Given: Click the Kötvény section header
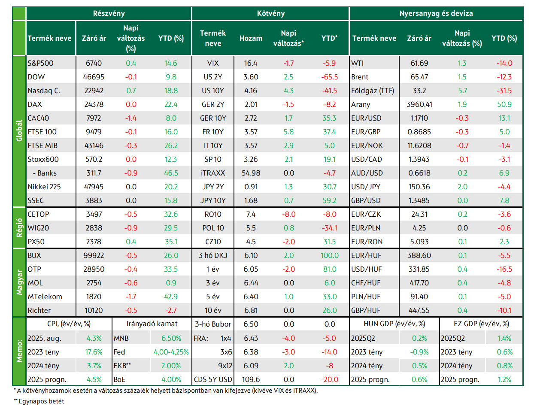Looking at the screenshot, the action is click(x=270, y=13).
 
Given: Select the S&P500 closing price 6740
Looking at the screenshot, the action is click(x=94, y=63).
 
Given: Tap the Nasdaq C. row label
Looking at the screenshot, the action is click(x=44, y=91).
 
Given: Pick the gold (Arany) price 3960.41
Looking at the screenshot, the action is click(x=419, y=104).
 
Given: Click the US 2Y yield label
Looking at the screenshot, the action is click(x=213, y=77).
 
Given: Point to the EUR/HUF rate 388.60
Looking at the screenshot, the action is click(x=419, y=255).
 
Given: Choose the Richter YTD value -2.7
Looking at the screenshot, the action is click(x=171, y=310).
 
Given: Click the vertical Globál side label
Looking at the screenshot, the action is click(x=19, y=131).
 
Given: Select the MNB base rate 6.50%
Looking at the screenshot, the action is click(x=171, y=338).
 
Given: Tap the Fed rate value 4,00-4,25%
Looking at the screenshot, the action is click(x=171, y=352).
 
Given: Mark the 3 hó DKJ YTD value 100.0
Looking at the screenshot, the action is click(x=330, y=255).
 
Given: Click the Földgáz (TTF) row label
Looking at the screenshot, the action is click(x=373, y=91).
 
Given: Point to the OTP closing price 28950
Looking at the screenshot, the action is click(x=94, y=269).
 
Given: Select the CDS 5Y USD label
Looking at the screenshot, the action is click(x=213, y=379).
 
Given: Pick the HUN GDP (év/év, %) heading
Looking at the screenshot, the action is click(x=394, y=324).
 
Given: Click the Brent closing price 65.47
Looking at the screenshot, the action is click(x=419, y=77).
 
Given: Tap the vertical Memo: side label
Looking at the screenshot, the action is click(x=19, y=351).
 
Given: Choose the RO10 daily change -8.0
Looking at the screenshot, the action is click(x=288, y=214).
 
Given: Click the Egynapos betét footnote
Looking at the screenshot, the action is click(x=39, y=401).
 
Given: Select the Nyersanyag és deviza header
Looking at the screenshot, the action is click(x=436, y=13).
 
